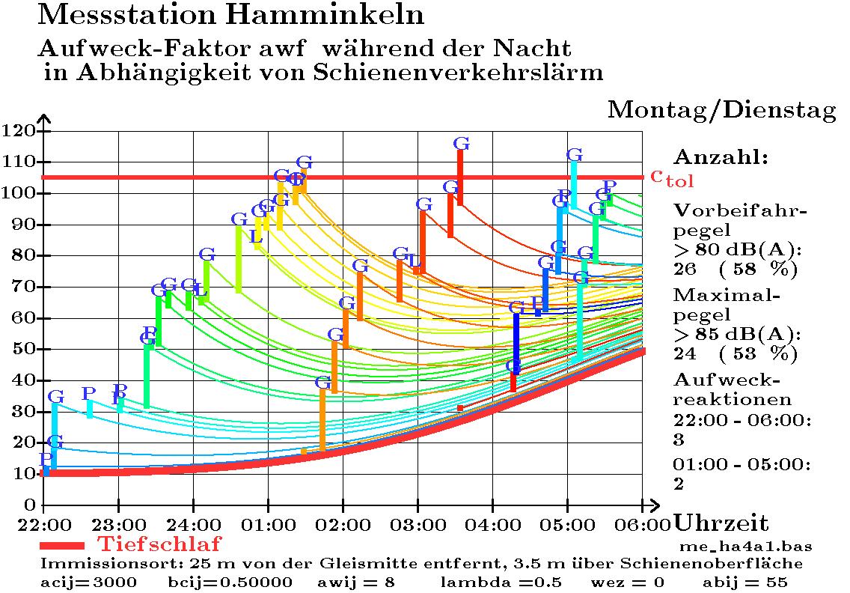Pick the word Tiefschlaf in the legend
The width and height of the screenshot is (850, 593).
(159, 543)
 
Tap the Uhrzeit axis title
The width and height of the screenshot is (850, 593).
(721, 523)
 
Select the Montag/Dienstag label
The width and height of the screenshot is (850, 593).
(721, 110)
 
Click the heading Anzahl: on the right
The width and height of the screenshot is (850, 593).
(721, 158)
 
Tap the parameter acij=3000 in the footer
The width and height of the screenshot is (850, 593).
(88, 582)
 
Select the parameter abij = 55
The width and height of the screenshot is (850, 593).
(744, 582)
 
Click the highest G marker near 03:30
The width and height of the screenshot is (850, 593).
(462, 143)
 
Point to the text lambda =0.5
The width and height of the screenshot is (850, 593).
(487, 582)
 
